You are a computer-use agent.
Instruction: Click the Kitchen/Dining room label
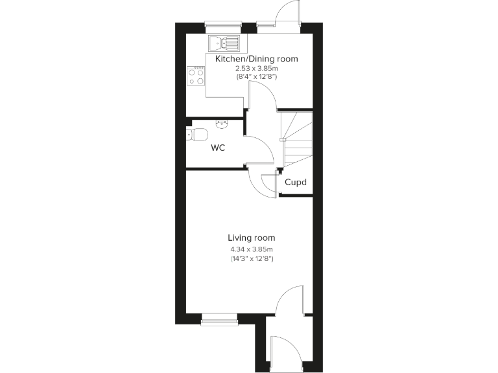tap(256, 59)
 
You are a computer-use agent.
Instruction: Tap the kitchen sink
tap(224, 43)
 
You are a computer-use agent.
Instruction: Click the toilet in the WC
tap(196, 135)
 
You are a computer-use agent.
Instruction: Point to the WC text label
tap(218, 148)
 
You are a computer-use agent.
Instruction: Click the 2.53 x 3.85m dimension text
tap(256, 69)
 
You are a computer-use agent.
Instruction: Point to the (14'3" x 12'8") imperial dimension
tap(251, 259)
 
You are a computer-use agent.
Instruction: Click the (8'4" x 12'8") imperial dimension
tap(256, 77)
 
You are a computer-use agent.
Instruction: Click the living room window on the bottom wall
tap(220, 318)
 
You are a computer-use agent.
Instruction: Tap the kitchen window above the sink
tap(223, 26)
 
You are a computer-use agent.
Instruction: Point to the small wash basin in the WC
tap(222, 122)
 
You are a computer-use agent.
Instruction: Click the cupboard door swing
tap(268, 185)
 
